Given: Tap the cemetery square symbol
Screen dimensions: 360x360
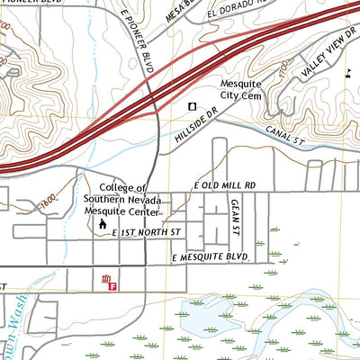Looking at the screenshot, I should click(192, 107).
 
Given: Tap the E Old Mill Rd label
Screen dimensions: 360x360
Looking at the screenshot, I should click(225, 184).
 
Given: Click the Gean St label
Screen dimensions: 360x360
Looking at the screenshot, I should click(233, 216).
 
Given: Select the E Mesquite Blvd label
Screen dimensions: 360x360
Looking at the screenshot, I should click(209, 257).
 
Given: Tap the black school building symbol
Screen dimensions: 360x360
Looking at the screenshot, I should click(102, 223).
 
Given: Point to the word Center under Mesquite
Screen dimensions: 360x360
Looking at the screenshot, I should click(140, 212).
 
